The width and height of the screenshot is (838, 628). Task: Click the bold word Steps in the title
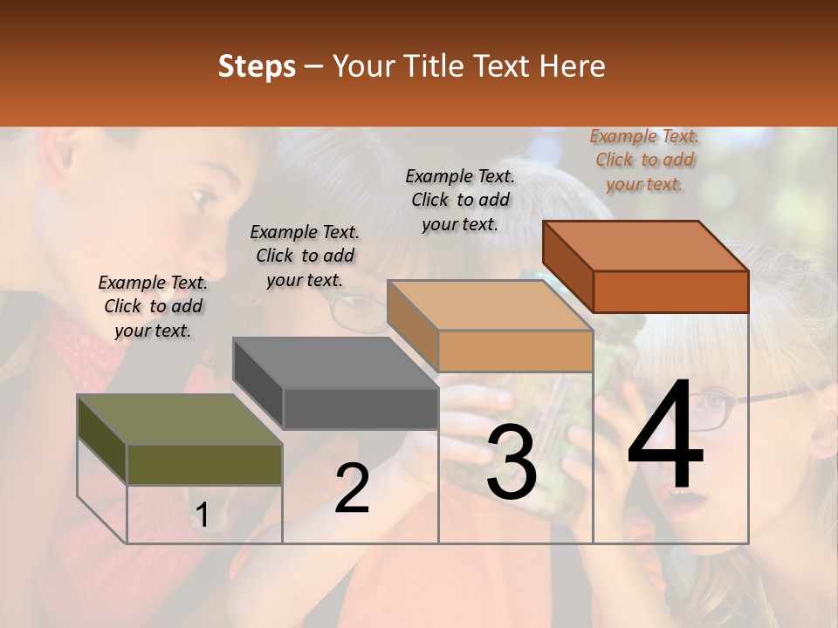click(x=257, y=66)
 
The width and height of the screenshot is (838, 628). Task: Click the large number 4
click(x=665, y=435)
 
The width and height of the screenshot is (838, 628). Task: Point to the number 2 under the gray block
click(x=352, y=488)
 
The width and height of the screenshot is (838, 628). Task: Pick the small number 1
click(x=202, y=515)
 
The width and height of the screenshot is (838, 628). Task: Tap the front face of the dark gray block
click(x=361, y=408)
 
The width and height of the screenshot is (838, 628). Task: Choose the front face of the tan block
click(x=515, y=351)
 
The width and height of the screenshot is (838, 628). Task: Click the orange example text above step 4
click(x=644, y=160)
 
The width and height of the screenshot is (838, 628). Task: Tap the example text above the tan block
click(x=460, y=200)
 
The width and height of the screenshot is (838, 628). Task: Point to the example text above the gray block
click(x=305, y=256)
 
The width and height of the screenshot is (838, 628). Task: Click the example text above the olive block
click(x=153, y=306)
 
